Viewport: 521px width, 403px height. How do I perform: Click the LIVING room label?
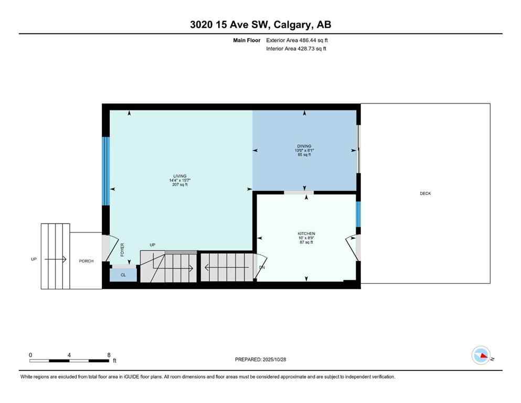tap(180, 176)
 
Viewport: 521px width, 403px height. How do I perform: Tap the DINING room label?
tap(304, 146)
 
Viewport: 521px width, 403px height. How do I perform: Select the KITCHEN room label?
tap(306, 234)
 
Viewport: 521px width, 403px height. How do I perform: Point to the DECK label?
tap(425, 194)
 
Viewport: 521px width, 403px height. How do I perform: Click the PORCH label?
tap(86, 261)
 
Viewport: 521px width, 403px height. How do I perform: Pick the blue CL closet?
tap(123, 274)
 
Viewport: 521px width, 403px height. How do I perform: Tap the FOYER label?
tap(122, 249)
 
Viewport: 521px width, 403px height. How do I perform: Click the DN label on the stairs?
tap(262, 267)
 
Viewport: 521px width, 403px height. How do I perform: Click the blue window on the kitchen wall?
tap(359, 214)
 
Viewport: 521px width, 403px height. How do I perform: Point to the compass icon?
tap(481, 356)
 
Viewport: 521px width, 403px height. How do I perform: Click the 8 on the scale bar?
tap(109, 355)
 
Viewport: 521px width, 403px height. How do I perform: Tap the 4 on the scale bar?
tap(69, 355)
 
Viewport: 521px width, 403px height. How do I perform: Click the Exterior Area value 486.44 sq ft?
tap(314, 40)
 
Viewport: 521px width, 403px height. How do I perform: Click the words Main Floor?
tap(247, 40)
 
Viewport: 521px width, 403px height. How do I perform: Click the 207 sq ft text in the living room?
tap(179, 185)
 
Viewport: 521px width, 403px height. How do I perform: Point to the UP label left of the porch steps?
tap(34, 259)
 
